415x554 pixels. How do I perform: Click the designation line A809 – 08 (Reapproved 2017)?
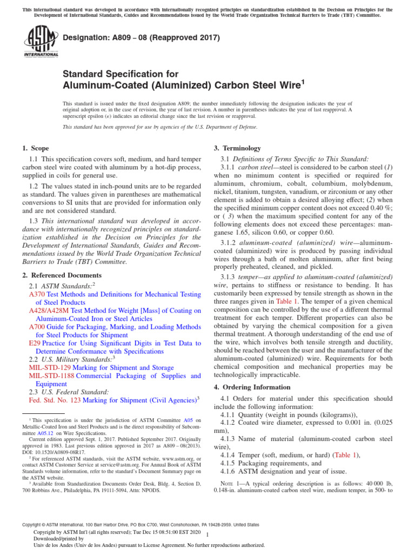coord(142,37)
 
